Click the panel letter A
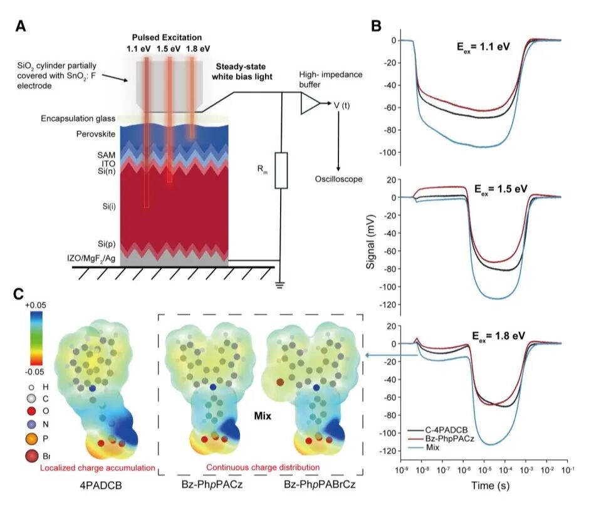(x=21, y=26)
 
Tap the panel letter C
(x=20, y=293)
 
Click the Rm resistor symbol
(x=281, y=170)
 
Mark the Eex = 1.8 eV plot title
(x=499, y=336)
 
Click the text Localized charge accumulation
(x=98, y=467)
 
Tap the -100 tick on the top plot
(x=391, y=152)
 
